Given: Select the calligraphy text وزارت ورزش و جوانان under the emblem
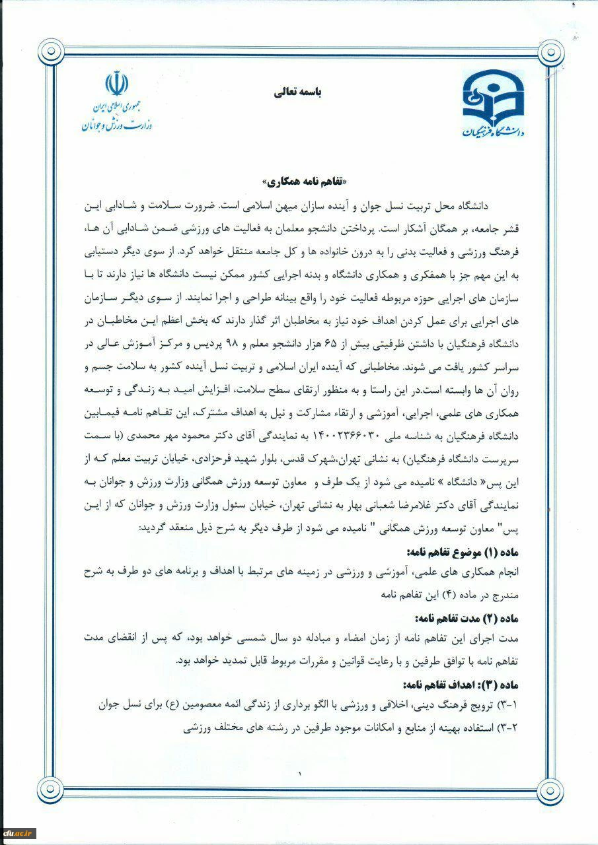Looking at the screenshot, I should coord(117,124).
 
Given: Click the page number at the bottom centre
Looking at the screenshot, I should coord(299,773).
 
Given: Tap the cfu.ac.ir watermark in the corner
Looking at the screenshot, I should coord(19,832).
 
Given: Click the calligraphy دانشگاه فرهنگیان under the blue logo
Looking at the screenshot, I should coord(493,130).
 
